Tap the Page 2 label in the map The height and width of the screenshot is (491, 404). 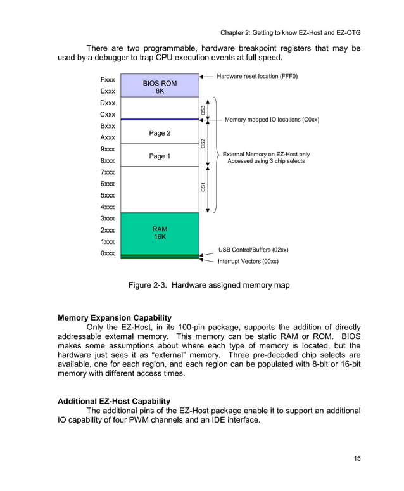point(160,133)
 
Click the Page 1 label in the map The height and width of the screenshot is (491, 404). point(160,156)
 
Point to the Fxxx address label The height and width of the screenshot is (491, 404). point(108,80)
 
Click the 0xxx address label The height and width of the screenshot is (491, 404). point(108,253)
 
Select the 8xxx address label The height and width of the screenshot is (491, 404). point(108,161)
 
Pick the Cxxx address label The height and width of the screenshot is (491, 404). point(108,115)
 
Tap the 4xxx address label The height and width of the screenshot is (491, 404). point(108,207)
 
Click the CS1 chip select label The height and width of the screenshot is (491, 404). point(203,187)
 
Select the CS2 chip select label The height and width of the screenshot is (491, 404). point(203,143)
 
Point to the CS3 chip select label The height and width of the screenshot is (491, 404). point(203,110)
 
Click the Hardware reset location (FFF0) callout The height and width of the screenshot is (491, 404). point(256,76)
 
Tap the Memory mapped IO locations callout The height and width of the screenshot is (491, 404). point(272,119)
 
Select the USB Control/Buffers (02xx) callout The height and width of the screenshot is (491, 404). point(253,250)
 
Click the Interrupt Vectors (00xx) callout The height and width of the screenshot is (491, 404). point(248,261)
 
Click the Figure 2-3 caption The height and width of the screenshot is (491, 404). point(209,285)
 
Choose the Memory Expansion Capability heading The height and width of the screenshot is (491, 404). point(114,317)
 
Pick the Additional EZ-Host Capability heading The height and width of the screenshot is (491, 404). point(114,401)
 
